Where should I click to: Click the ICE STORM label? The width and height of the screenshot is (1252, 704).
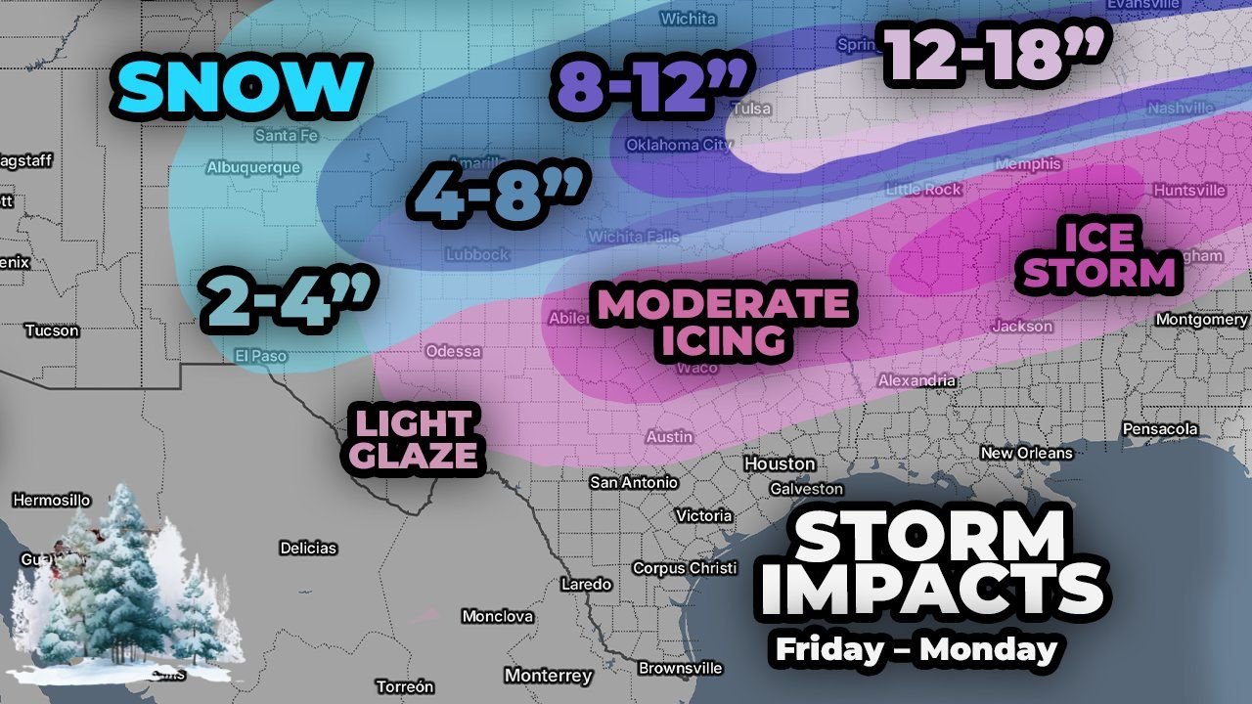(1097, 255)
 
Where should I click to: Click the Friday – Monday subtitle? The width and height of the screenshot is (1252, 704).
(916, 648)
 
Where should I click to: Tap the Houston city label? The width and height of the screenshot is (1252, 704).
(779, 463)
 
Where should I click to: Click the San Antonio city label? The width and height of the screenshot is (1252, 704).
(634, 482)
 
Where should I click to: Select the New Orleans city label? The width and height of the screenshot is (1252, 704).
(1026, 453)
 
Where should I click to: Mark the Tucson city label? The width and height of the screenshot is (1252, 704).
(52, 330)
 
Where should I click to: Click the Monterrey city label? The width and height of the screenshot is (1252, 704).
(548, 676)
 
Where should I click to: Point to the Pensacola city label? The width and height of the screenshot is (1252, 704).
(1160, 429)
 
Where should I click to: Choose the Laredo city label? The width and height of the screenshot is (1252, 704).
(586, 584)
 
